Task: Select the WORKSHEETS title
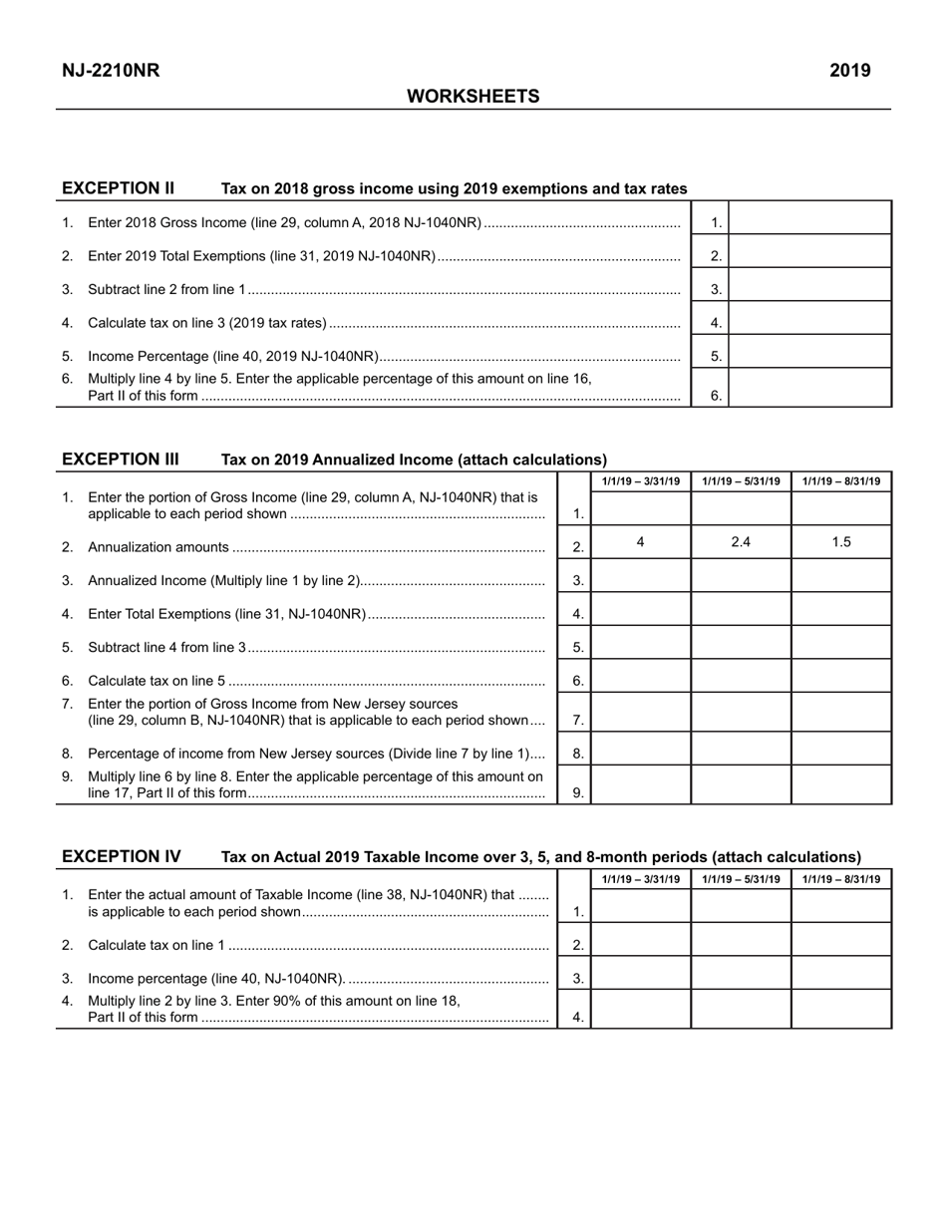click(473, 97)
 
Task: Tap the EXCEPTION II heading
click(119, 188)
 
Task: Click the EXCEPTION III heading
click(121, 460)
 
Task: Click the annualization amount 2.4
click(741, 542)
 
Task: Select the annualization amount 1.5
click(841, 542)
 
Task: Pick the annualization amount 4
click(640, 542)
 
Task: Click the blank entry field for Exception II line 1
click(810, 218)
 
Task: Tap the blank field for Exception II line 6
click(810, 388)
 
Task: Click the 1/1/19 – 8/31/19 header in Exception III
click(841, 482)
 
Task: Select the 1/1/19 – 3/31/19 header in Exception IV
click(641, 879)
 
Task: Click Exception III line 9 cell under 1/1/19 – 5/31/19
click(741, 784)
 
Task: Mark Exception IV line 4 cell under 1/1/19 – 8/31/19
click(841, 1009)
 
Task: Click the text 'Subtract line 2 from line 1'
click(166, 290)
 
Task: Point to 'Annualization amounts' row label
click(158, 547)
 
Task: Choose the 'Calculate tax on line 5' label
click(157, 681)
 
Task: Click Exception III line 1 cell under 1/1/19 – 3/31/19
click(640, 508)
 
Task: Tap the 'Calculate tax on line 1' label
click(157, 945)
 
